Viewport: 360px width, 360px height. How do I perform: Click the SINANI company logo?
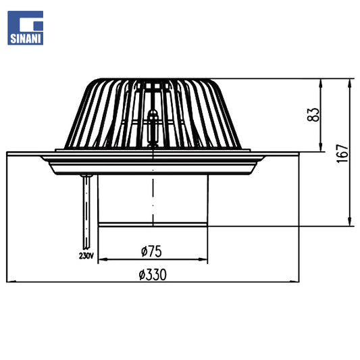tap(25, 28)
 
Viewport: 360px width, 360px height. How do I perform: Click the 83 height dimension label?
tap(313, 115)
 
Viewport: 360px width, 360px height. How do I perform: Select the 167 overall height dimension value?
tap(342, 153)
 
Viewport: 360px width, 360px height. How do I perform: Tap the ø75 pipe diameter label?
tap(151, 251)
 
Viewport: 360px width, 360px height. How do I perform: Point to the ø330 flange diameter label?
tap(153, 275)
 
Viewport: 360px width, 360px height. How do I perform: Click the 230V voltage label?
tap(86, 255)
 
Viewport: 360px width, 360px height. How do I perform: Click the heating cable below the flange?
tap(86, 212)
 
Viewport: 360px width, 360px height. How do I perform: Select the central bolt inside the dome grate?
tap(153, 128)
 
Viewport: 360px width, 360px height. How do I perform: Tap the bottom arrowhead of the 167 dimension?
tap(350, 222)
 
